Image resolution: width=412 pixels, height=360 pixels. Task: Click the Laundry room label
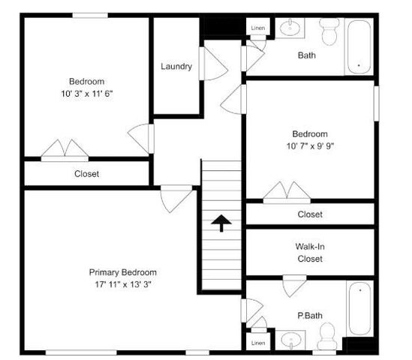pyautogui.click(x=176, y=66)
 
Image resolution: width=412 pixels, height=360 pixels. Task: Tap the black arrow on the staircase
pyautogui.click(x=221, y=223)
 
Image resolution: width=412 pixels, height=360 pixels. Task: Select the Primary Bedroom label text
pyautogui.click(x=123, y=272)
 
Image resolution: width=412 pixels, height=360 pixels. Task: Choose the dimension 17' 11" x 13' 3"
pyautogui.click(x=123, y=284)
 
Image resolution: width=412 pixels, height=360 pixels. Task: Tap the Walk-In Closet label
pyautogui.click(x=309, y=253)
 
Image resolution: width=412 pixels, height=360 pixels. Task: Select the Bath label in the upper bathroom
pyautogui.click(x=306, y=55)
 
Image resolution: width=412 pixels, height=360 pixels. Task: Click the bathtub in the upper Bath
pyautogui.click(x=359, y=46)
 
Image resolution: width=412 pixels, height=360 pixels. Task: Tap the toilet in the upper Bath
pyautogui.click(x=329, y=31)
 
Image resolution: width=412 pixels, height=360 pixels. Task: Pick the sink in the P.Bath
pyautogui.click(x=290, y=342)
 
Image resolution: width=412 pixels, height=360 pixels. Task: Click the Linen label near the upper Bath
pyautogui.click(x=258, y=28)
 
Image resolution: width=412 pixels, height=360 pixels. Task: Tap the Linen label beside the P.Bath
pyautogui.click(x=258, y=343)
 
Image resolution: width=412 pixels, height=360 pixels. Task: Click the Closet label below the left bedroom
pyautogui.click(x=86, y=174)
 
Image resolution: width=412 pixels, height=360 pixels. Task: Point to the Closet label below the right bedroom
pyautogui.click(x=309, y=214)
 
